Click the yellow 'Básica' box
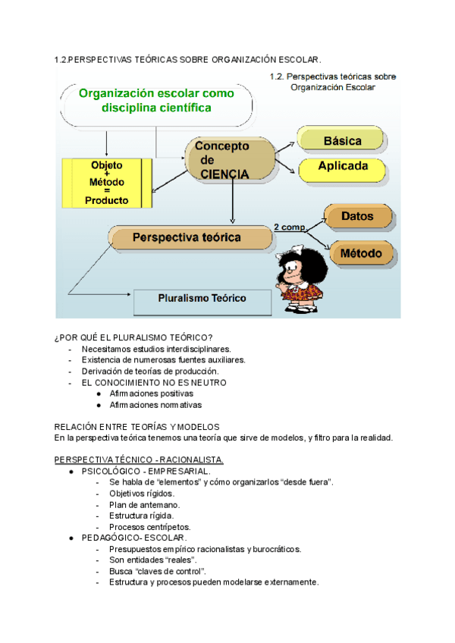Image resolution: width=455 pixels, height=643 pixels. (342, 140)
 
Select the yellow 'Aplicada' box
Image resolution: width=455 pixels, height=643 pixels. (343, 167)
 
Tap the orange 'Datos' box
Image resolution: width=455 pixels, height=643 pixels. (357, 216)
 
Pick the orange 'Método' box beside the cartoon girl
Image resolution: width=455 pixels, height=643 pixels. (360, 252)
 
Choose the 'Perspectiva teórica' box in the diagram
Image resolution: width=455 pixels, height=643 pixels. (190, 237)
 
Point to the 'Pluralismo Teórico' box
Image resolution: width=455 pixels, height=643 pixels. (201, 300)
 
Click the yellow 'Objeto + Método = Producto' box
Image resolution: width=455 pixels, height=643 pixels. (106, 183)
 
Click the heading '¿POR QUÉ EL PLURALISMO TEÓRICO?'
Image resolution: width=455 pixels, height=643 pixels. (133, 337)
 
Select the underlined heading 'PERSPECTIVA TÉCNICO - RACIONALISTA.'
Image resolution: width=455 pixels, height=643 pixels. (139, 460)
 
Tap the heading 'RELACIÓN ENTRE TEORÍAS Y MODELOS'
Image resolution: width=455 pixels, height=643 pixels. (137, 427)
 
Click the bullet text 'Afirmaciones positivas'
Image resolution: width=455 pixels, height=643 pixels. (156, 394)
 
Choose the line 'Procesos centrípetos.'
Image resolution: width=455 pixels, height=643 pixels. (149, 527)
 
